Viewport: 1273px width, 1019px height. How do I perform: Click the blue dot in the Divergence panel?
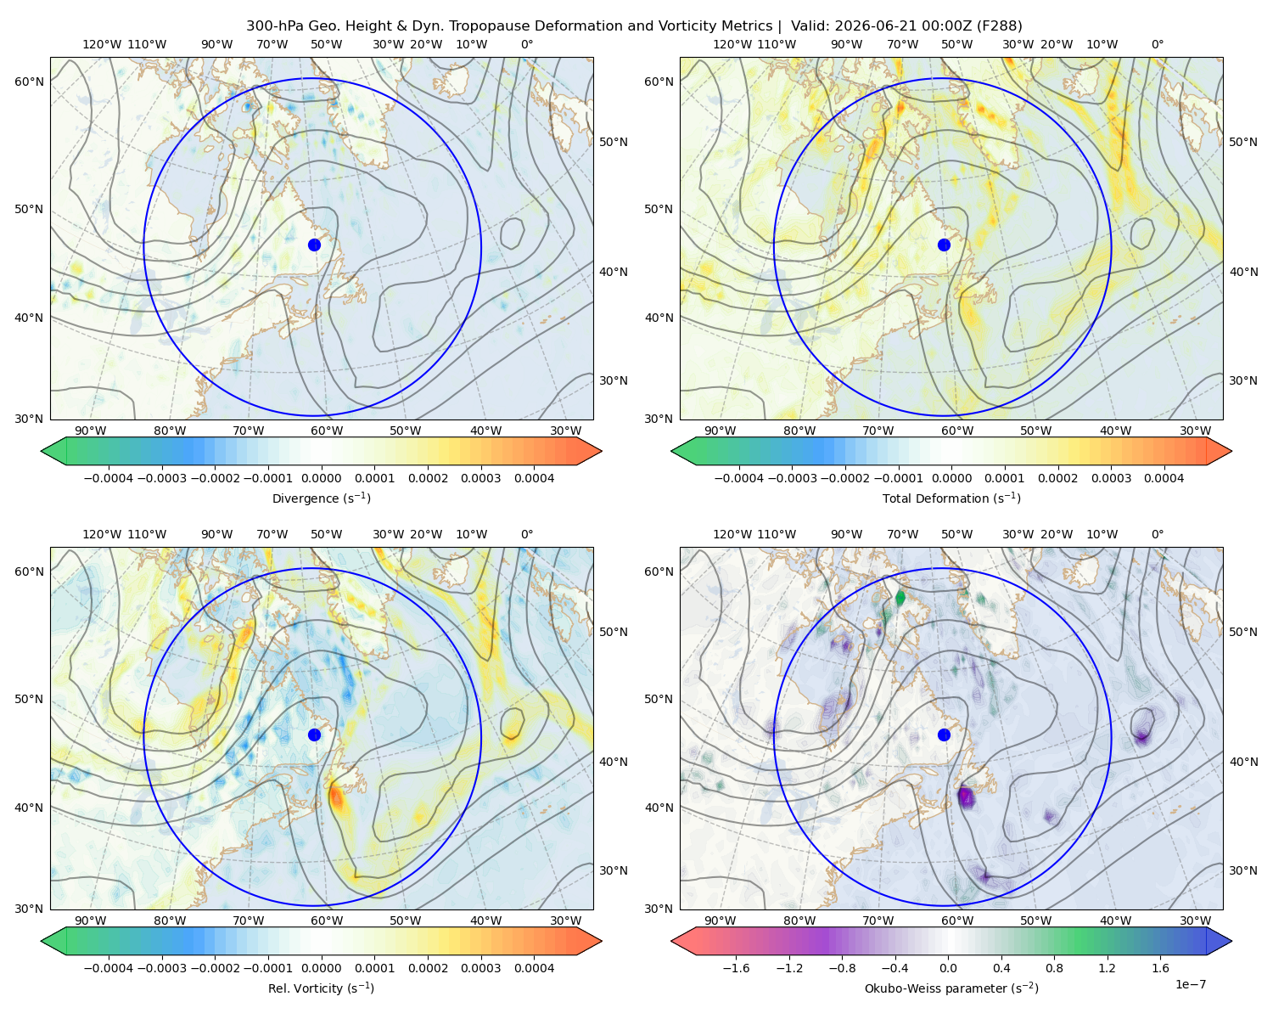coord(314,245)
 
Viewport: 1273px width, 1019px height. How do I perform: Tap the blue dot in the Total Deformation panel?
coord(944,245)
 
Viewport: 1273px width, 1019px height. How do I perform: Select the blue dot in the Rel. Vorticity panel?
coord(314,735)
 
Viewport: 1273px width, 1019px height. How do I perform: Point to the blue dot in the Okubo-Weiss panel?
coord(944,735)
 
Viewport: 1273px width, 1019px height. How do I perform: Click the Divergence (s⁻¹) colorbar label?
coord(321,498)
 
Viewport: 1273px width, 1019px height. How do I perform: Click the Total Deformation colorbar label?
coord(951,498)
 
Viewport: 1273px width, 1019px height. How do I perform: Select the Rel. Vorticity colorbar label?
coord(321,988)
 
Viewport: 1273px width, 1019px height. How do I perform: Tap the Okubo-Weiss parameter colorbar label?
coord(951,988)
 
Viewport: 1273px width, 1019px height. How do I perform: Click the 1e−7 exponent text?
coord(1190,984)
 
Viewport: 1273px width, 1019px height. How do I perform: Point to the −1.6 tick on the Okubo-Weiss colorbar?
coord(736,968)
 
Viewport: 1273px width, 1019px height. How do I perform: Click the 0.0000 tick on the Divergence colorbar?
coord(321,478)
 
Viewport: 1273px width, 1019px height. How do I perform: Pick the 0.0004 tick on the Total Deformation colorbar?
coord(1164,478)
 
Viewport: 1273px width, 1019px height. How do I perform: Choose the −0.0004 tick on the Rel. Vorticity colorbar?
coord(109,968)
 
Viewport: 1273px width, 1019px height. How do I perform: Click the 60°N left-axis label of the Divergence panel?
coord(29,82)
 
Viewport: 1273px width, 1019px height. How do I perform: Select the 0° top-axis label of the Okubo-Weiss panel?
coord(1157,534)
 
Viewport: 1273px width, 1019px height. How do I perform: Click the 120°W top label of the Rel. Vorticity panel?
coord(102,534)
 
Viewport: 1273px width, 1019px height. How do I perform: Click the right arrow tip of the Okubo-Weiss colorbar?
coord(1231,941)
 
